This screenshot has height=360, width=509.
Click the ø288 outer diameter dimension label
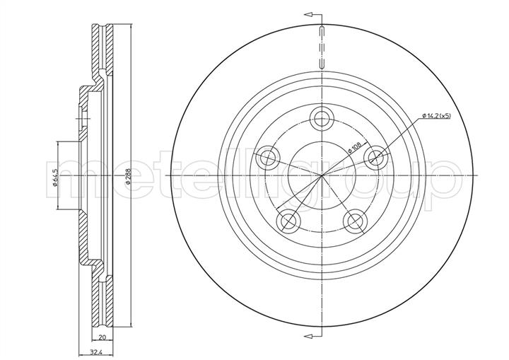(127, 176)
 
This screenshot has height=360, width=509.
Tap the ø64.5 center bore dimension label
(55, 178)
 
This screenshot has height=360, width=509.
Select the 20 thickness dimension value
(103, 337)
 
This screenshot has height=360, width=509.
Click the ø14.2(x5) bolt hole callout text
(437, 115)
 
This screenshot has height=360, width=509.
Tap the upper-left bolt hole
(267, 158)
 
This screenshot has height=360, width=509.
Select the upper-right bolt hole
(376, 158)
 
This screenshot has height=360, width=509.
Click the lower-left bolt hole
(288, 221)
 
